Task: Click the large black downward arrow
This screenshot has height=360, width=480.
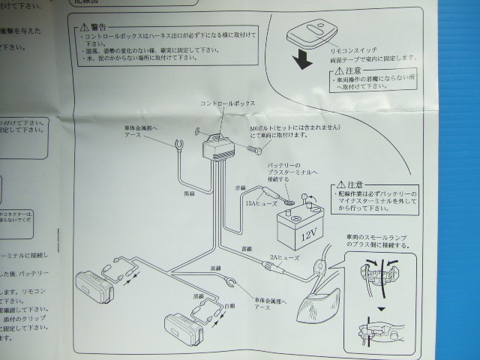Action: coord(303,60)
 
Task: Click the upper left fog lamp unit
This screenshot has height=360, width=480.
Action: coord(94,287)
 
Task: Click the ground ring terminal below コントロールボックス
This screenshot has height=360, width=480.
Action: coord(178,145)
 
